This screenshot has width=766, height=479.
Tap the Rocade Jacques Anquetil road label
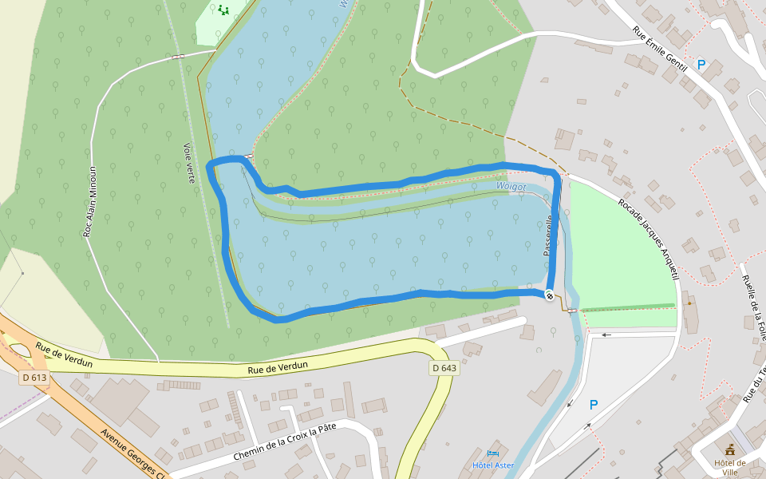click(648, 239)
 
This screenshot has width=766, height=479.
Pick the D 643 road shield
click(444, 368)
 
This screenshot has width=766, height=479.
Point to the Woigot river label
click(511, 187)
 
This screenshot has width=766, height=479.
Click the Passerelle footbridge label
click(548, 235)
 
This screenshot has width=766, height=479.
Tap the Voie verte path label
click(189, 163)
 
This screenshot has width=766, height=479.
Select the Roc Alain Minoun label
click(90, 201)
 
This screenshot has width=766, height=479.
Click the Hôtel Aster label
click(493, 465)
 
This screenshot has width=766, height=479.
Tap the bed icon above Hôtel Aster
click(492, 453)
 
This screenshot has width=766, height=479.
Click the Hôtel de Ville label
click(729, 467)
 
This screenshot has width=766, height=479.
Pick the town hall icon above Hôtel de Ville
click(729, 451)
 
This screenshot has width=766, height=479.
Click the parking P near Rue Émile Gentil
click(701, 65)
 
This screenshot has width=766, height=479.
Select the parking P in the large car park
click(593, 405)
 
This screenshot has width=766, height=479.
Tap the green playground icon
click(223, 10)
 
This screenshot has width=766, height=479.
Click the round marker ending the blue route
click(550, 295)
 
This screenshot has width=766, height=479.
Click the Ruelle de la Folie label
click(754, 308)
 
